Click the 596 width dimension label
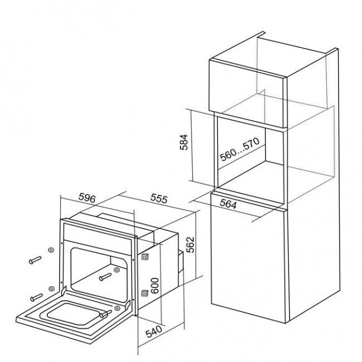click(87, 198)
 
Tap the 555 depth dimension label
click(159, 198)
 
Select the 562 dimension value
click(190, 244)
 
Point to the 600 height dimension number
click(155, 286)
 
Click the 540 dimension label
click(154, 331)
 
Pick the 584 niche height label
click(184, 142)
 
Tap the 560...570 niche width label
click(239, 149)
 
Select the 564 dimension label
click(228, 204)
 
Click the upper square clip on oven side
click(145, 257)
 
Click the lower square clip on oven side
click(145, 293)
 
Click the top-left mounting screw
click(35, 260)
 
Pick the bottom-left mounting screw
click(36, 297)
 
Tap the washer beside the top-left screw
click(51, 250)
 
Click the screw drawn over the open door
click(106, 314)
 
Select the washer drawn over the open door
click(118, 307)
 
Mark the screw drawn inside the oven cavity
click(105, 277)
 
